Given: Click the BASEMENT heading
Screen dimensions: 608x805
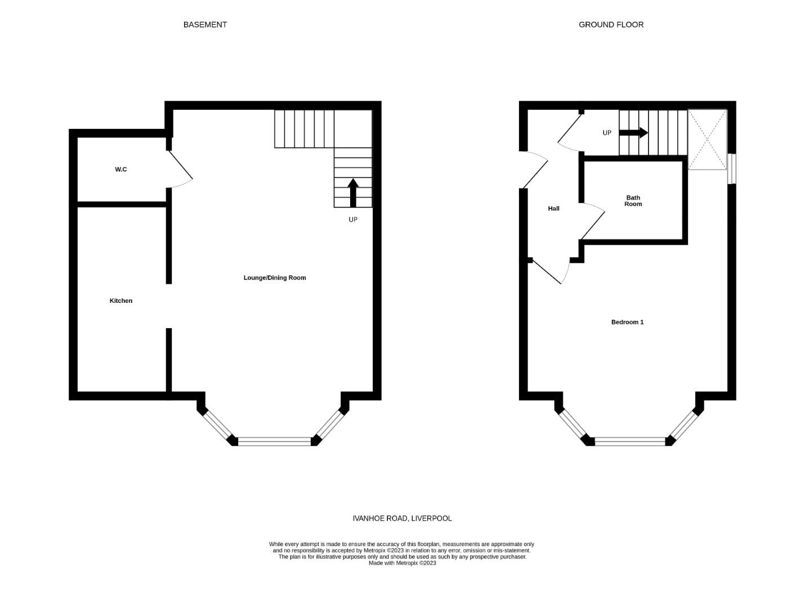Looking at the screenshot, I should tap(205, 25).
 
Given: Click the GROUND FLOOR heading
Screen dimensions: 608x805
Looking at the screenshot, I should tap(611, 25).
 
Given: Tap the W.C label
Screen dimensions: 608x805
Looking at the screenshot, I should tap(121, 169).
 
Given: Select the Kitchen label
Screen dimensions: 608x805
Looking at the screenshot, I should tap(121, 301).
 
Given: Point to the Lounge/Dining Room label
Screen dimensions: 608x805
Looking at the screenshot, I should tap(275, 278).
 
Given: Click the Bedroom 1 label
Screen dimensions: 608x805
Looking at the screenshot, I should tap(627, 322).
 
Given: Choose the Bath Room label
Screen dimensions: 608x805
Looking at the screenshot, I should tap(633, 201).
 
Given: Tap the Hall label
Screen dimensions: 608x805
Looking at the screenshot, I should tap(554, 208).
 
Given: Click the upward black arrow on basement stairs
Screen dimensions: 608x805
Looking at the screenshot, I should tap(353, 193).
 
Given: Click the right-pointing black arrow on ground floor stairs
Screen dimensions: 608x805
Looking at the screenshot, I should tap(633, 133).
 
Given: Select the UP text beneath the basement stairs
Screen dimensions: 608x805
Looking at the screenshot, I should tap(353, 220).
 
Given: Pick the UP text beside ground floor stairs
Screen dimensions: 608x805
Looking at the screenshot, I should tap(607, 133).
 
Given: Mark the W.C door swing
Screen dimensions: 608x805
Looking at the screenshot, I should tap(181, 169).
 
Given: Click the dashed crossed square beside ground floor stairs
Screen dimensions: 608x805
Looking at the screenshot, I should tap(708, 140).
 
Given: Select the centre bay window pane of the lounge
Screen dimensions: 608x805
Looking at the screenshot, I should tap(274, 441).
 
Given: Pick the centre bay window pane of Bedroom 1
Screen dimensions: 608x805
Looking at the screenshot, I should tap(630, 441).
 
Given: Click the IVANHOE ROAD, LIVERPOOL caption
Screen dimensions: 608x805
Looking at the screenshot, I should tap(402, 518).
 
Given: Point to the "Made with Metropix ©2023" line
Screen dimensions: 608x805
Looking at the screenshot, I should tap(402, 563).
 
